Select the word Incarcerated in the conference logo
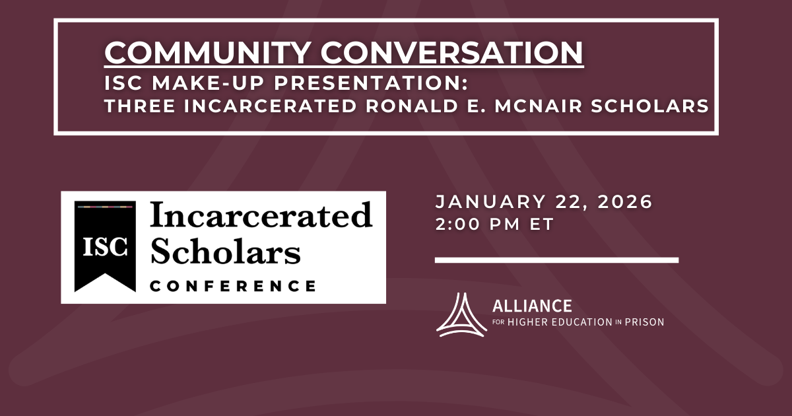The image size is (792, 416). tap(261, 216)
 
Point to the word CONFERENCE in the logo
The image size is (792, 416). tap(232, 286)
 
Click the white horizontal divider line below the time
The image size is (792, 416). tap(556, 260)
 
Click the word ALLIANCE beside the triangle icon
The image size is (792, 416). tap(532, 306)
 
